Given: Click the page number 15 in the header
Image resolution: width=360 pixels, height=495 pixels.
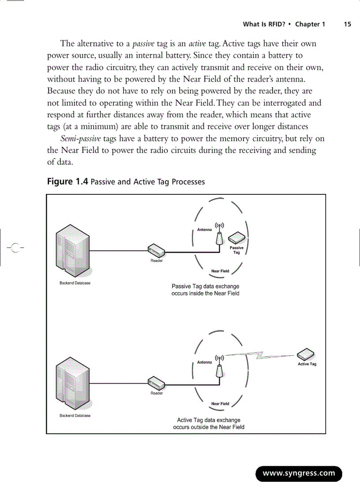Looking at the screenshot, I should point(348,24).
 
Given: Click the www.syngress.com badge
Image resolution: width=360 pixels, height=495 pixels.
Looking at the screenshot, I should point(299,473).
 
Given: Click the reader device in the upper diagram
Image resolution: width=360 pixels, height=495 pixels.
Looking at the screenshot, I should point(156,251).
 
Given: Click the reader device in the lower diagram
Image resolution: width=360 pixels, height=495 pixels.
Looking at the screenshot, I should point(156,383).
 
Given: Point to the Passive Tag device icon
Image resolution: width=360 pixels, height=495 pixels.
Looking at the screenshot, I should point(236,238).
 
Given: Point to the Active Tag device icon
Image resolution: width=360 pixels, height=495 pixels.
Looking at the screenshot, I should point(306,354).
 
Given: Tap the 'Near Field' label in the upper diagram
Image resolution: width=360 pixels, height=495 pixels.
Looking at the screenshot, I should point(220,271).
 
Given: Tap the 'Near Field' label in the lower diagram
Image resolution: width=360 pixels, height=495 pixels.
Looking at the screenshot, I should point(220,403).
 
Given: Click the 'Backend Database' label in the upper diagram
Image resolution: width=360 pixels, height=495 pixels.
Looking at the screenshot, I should point(75,283).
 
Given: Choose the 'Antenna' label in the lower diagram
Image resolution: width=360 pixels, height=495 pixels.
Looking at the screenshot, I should point(204,362).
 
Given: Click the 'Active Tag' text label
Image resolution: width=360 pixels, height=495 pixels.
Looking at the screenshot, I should point(307,364).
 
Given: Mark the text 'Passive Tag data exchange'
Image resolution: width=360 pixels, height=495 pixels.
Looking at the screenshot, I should point(205,287).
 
